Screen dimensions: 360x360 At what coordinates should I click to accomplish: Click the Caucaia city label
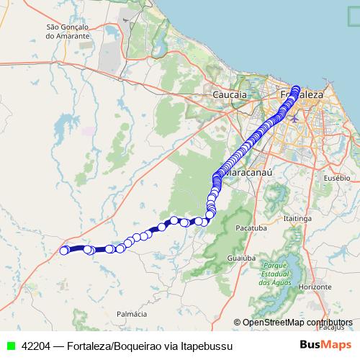click(x=230, y=94)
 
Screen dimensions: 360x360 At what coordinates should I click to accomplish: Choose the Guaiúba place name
click(x=241, y=257)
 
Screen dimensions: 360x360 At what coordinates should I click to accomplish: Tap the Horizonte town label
click(x=312, y=287)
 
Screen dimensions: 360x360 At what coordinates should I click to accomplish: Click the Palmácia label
click(x=132, y=315)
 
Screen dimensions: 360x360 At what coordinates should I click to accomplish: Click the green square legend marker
click(x=10, y=346)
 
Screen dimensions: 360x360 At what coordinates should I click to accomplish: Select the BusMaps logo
click(x=325, y=345)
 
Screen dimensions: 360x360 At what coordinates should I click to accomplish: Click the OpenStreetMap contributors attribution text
click(x=297, y=323)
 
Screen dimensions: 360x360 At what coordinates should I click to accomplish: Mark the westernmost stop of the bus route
click(x=63, y=250)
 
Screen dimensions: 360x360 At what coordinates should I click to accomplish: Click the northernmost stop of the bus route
click(x=296, y=90)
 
